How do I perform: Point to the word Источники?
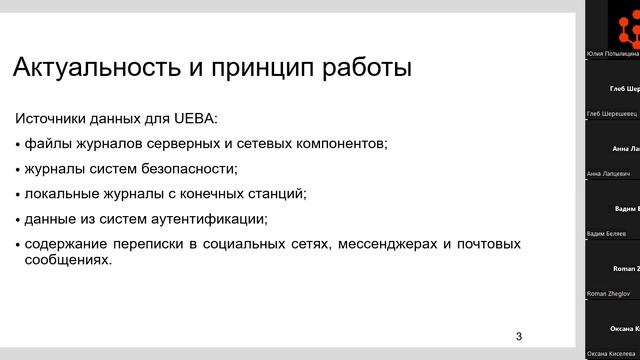58,119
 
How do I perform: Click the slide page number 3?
518,335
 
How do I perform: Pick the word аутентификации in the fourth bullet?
217,218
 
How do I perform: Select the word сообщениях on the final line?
68,259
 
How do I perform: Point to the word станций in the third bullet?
280,193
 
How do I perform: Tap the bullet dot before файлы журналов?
17,145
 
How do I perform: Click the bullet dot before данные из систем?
17,219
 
